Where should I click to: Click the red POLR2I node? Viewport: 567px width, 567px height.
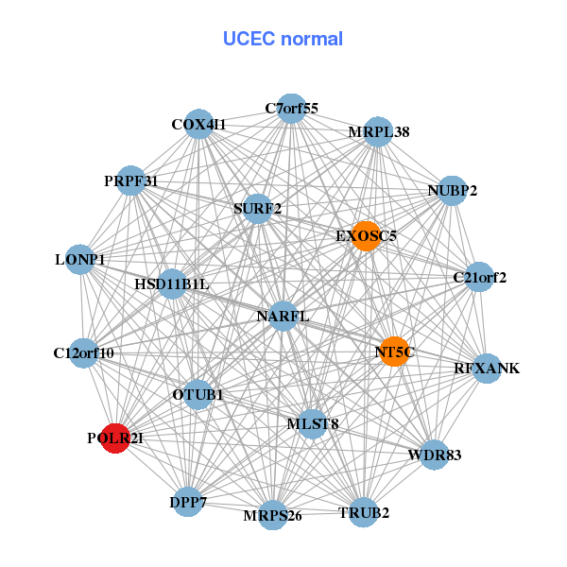click(x=115, y=438)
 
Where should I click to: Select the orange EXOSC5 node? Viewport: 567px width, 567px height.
click(x=366, y=235)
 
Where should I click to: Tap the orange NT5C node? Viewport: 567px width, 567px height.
click(x=394, y=352)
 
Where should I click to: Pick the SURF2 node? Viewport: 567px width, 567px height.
click(x=257, y=208)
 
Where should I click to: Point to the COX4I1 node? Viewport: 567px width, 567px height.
click(x=198, y=124)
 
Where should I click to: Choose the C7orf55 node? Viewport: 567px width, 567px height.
click(x=291, y=109)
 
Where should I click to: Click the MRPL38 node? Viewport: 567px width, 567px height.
click(x=378, y=132)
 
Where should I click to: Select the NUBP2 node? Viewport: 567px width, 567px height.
click(x=453, y=191)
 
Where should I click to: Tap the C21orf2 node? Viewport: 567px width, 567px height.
click(x=480, y=278)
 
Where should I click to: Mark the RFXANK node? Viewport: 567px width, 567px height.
click(x=486, y=368)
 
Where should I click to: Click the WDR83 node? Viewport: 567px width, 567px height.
click(x=435, y=455)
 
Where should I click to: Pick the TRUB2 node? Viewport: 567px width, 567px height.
click(x=364, y=513)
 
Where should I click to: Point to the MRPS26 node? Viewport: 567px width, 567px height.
click(x=273, y=515)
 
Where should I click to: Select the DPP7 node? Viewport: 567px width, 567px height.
click(x=188, y=502)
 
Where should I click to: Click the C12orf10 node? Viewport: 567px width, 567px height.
click(x=84, y=353)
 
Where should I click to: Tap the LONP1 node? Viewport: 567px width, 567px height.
click(x=80, y=259)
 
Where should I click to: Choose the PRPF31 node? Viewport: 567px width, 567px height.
click(x=131, y=180)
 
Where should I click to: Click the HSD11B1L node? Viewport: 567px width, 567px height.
click(x=171, y=283)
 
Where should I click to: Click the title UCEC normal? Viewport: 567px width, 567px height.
click(x=283, y=39)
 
